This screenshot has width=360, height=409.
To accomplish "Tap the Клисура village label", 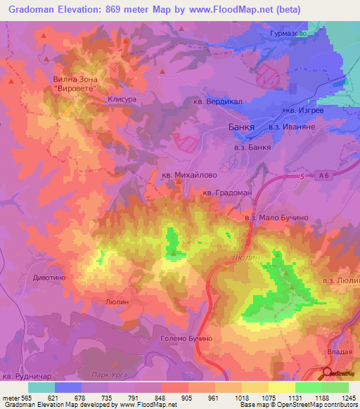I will pos(121,100).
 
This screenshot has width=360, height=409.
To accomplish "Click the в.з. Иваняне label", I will pos(290,126).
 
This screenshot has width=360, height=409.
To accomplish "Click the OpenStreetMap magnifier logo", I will pos(328,372).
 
